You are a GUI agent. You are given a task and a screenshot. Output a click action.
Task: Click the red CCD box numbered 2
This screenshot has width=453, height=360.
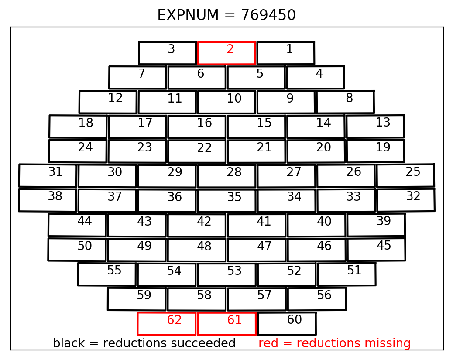point(226,42)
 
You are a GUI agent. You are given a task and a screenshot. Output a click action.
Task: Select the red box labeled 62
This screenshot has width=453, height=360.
point(167,312)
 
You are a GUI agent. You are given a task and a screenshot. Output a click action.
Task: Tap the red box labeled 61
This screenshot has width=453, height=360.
point(226,312)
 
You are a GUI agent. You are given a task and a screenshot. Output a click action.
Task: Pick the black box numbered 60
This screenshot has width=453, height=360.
point(287,312)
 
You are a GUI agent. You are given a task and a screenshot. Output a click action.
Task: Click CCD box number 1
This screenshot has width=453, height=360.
point(286,42)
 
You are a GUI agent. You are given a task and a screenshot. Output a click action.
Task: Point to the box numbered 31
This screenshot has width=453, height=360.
point(48,165)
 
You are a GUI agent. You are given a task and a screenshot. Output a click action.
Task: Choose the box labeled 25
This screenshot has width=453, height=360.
point(405,165)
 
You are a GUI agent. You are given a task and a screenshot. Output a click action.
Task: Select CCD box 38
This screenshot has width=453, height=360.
point(48,189)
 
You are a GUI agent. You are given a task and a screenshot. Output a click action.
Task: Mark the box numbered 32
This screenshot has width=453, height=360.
point(406,189)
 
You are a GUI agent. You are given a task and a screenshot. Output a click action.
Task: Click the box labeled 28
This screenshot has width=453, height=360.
point(227,165)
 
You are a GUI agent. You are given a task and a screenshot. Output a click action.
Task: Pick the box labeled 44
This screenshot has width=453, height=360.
point(77,214)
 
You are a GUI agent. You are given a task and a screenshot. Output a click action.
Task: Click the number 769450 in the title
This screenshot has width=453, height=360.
point(268,15)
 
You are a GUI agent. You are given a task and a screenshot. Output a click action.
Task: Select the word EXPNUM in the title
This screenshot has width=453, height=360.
point(188,15)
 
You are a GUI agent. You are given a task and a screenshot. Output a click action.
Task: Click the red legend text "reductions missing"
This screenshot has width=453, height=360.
point(353,343)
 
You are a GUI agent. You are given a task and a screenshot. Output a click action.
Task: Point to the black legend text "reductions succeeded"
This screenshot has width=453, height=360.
point(169,343)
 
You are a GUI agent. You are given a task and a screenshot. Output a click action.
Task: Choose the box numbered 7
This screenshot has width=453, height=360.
point(138,67)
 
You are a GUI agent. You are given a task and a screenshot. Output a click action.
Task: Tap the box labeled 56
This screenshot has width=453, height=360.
point(317,288)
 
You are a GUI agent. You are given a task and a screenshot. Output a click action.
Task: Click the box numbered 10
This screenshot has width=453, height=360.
point(227,91)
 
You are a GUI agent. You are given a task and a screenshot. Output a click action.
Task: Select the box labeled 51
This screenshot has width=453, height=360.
point(347,264)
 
